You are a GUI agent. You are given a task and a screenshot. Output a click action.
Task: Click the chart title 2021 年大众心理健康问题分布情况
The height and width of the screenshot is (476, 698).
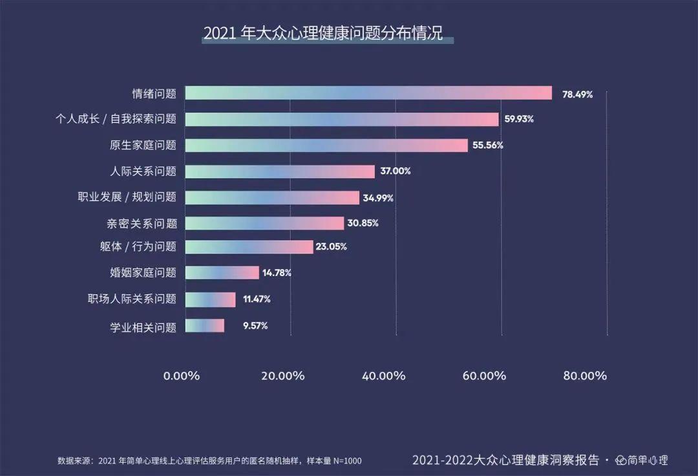coord(323,34)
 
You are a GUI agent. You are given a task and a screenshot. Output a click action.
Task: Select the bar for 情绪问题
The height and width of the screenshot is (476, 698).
coord(368,93)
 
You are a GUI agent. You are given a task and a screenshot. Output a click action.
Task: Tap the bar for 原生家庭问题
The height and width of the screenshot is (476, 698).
coord(326,145)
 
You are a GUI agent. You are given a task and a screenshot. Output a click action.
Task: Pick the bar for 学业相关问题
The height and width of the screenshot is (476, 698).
coord(205,325)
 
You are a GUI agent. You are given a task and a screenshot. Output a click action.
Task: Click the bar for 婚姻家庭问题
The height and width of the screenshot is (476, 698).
coord(222,273)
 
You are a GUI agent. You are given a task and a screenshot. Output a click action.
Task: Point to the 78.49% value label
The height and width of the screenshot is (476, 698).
coord(577,94)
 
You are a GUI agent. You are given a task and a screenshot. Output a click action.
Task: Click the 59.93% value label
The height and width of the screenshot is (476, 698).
coord(520,120)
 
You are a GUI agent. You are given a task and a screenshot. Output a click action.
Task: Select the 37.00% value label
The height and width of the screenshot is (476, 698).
coord(396,171)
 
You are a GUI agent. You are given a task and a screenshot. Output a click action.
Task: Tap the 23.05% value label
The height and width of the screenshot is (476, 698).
coord(332,246)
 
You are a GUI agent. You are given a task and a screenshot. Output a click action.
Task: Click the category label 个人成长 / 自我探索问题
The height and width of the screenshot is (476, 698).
coord(116,120)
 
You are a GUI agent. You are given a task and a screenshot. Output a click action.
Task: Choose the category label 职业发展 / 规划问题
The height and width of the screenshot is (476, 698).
coord(127,197)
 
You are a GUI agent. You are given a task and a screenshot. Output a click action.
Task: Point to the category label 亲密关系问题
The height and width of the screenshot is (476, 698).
coord(142,224)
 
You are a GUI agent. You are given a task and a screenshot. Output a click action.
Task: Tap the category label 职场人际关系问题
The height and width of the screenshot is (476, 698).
coord(132,299)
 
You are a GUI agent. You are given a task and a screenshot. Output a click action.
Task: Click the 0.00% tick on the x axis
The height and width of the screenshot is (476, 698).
coord(182,376)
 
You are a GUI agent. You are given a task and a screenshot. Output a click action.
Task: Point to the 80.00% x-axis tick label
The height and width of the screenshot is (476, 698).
coord(585,376)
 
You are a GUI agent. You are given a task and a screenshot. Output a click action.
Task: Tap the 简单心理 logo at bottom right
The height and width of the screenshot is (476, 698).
coord(641,460)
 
